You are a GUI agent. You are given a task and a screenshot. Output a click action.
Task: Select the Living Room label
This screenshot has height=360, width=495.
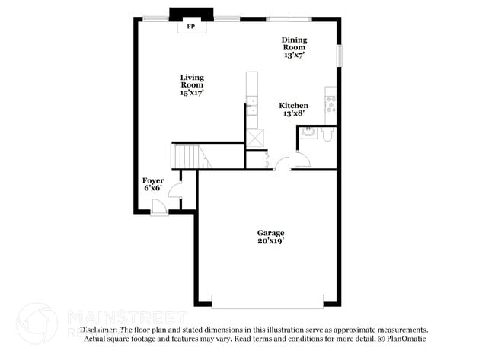[192, 84]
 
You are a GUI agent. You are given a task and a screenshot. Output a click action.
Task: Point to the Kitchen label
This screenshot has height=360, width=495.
[293, 109]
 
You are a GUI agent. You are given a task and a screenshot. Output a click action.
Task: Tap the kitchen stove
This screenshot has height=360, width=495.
[331, 101]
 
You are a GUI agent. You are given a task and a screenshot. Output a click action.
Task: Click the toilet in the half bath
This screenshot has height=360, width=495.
[327, 135]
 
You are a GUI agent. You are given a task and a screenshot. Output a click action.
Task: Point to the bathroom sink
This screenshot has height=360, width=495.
[308, 133]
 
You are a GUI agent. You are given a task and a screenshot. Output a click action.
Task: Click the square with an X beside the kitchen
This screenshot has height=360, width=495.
[255, 138]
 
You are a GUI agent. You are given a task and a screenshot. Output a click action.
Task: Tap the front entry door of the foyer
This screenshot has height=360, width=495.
[158, 206]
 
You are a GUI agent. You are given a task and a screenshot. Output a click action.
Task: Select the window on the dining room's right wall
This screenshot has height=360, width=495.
[340, 56]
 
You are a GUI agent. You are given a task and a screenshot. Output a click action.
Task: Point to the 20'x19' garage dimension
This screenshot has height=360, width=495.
[270, 241]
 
